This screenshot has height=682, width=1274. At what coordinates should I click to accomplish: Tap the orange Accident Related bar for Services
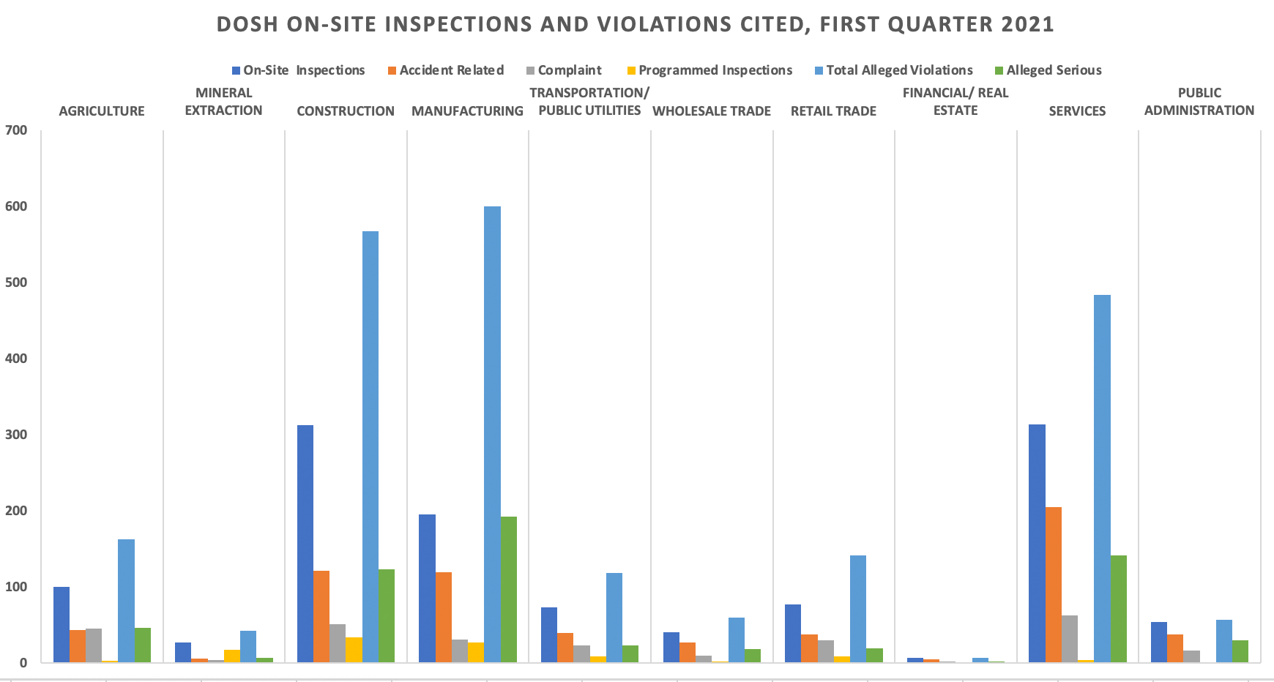click(x=1054, y=585)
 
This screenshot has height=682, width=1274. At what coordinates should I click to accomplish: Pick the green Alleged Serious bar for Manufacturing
click(x=509, y=590)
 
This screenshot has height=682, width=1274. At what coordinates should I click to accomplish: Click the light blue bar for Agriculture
click(x=127, y=601)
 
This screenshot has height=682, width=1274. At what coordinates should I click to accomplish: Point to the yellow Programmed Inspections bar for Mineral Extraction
click(x=232, y=656)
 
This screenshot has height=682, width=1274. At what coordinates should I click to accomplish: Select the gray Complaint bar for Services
click(x=1070, y=639)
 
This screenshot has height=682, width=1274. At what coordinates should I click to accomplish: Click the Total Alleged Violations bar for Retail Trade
click(x=858, y=609)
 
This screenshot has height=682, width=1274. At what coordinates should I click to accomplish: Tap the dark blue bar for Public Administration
click(x=1159, y=642)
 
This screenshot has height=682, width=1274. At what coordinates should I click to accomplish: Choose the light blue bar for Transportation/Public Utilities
click(x=614, y=618)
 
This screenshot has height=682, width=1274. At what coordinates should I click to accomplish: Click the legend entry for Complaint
click(x=565, y=70)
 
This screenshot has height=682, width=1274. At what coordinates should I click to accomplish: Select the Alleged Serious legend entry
click(x=1048, y=70)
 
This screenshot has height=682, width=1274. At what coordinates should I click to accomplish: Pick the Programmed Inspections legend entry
click(x=709, y=70)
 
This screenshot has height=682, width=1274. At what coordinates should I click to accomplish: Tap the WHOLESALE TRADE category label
click(x=712, y=111)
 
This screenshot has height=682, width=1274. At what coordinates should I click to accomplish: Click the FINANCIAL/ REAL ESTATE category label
click(x=955, y=102)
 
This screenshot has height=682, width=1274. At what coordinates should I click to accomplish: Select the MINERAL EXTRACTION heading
click(x=224, y=102)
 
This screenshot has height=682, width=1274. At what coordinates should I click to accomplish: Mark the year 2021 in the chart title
click(x=1027, y=24)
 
